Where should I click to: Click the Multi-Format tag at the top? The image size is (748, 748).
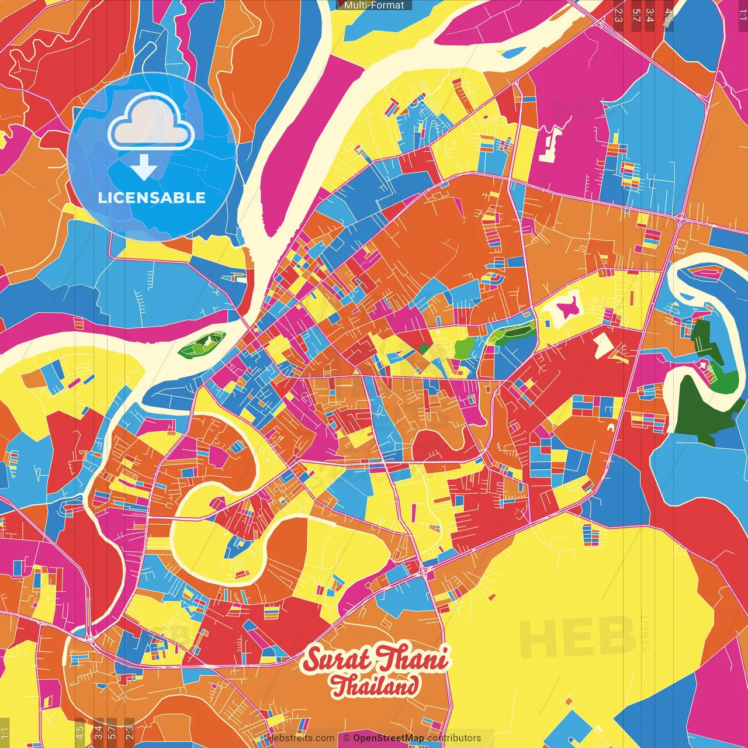pos(374,5)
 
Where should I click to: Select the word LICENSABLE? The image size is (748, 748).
pos(152,198)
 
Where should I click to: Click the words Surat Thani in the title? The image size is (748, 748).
pos(376,660)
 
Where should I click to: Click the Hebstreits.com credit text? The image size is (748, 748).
pos(300,738)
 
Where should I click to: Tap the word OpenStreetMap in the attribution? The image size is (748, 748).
pos(388,738)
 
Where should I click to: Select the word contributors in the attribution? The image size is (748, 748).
pos(454,738)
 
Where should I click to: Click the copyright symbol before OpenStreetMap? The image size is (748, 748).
pos(346,738)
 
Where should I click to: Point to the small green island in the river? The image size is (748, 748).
pos(202,345)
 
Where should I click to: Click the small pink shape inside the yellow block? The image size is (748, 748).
pos(567,306)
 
